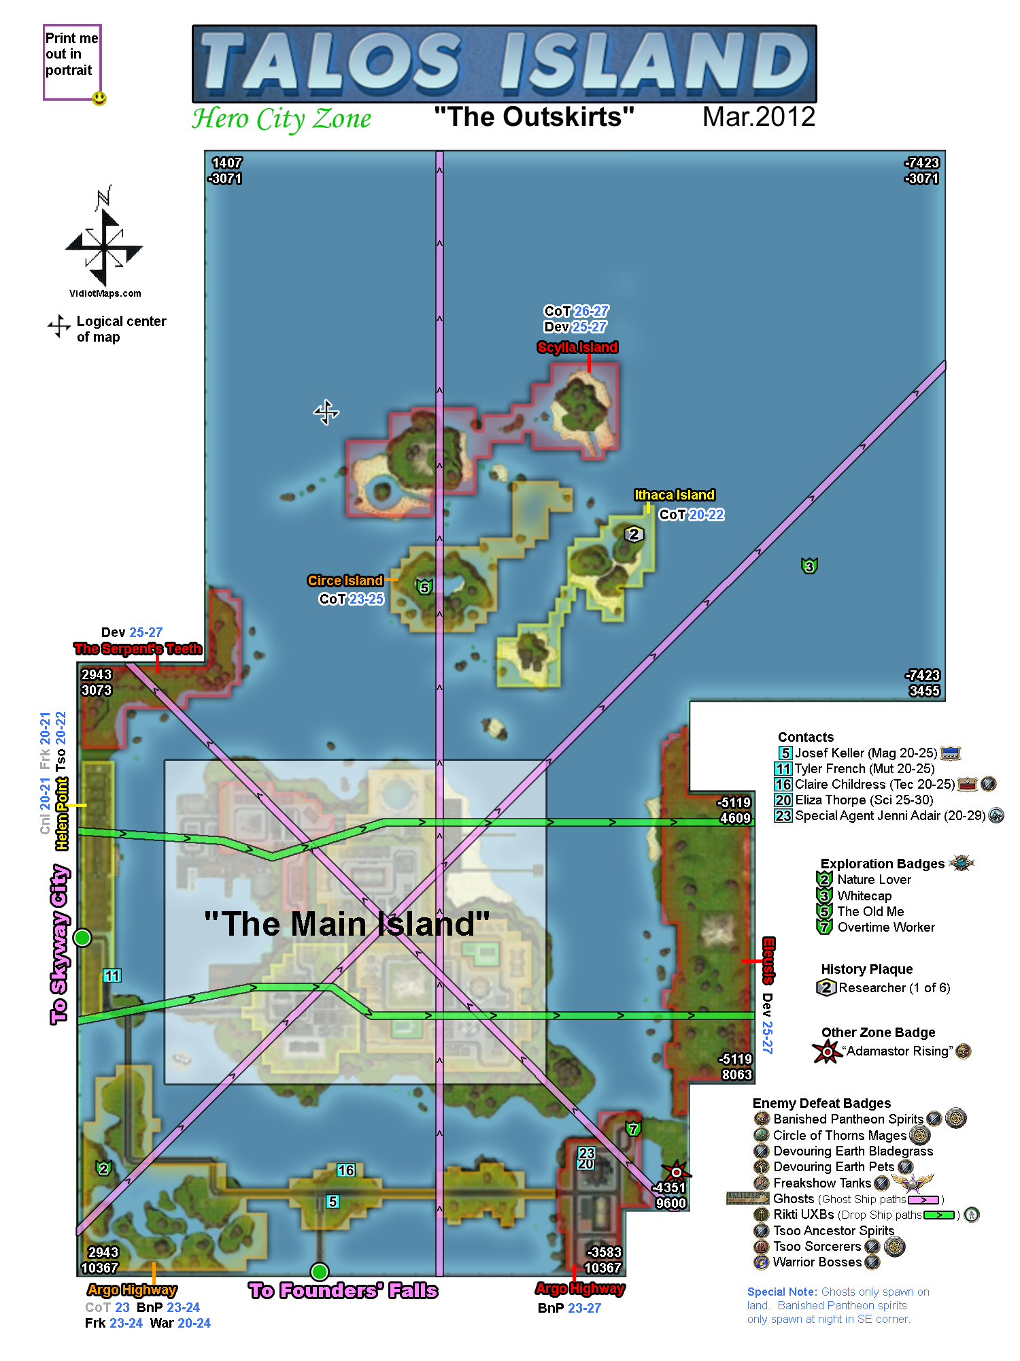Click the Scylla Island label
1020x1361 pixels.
tap(577, 347)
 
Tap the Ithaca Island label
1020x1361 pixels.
tap(674, 495)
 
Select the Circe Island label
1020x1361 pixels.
tap(345, 580)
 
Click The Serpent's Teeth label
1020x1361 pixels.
tap(137, 649)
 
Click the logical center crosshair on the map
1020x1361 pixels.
tap(326, 412)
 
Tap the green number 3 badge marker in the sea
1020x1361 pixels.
tap(809, 565)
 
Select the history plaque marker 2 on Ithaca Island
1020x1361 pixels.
tap(634, 534)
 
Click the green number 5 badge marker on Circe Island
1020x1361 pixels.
tap(424, 587)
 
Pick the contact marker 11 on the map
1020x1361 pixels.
tap(112, 975)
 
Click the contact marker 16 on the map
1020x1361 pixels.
tap(345, 1170)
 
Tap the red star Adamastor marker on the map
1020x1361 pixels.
tap(677, 1172)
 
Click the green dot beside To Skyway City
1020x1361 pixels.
tap(82, 938)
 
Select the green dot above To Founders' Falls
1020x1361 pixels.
tap(320, 1271)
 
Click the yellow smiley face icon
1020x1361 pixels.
tap(99, 99)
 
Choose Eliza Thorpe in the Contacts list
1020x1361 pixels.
tap(864, 800)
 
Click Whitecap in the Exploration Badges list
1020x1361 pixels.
tap(864, 896)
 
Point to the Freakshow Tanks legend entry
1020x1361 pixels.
tap(821, 1183)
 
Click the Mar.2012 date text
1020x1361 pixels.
tap(758, 117)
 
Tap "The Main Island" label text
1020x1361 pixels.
tap(347, 924)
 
